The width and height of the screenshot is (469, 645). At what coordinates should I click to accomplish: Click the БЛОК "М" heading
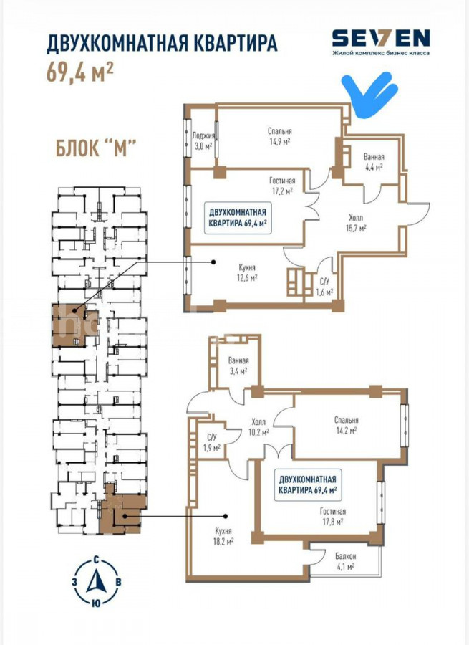(x=95, y=148)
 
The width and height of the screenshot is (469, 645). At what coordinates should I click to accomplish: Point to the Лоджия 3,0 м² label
(x=203, y=140)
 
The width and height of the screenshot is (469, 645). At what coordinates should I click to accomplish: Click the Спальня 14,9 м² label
(x=279, y=135)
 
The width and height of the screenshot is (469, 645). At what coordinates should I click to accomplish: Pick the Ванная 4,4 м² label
(x=374, y=162)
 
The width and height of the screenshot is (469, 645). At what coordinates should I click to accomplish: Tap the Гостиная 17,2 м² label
(x=282, y=186)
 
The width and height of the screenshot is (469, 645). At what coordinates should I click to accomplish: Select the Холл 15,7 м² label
(x=356, y=223)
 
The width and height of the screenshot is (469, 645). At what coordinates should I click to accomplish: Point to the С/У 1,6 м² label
(x=324, y=287)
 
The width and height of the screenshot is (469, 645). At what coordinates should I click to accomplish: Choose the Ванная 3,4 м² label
(x=238, y=365)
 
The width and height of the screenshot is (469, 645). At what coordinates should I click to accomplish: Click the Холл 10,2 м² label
(x=259, y=427)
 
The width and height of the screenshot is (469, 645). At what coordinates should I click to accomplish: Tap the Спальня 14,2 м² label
(x=346, y=425)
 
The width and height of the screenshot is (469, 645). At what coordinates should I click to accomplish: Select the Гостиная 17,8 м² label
(x=332, y=517)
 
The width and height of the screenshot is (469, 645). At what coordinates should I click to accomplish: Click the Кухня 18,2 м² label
(x=224, y=536)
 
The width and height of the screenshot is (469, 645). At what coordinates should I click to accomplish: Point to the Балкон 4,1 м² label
(x=345, y=561)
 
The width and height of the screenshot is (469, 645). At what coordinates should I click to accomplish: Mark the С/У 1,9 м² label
(x=213, y=443)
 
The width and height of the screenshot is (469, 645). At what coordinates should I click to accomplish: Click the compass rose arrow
(x=96, y=580)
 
